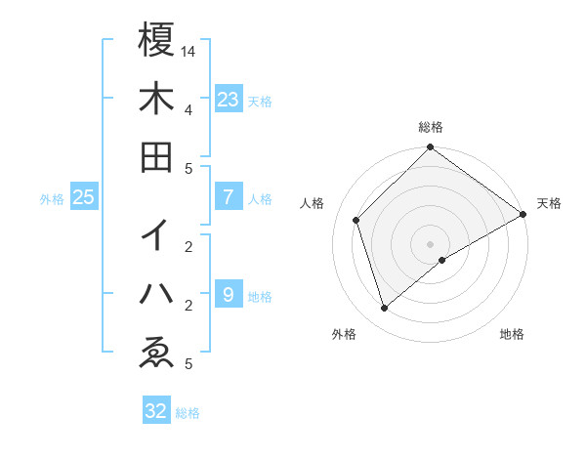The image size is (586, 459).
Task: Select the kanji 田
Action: tap(156, 156)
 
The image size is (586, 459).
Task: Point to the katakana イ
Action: tap(156, 234)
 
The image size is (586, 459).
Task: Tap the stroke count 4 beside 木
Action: tap(188, 109)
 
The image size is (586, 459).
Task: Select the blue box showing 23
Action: tap(229, 99)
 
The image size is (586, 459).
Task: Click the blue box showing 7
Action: tap(229, 197)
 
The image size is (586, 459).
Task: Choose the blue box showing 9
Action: tap(229, 294)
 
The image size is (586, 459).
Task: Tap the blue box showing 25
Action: tap(84, 197)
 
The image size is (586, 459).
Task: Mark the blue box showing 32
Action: tap(155, 411)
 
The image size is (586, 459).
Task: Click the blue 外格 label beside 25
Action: tap(52, 199)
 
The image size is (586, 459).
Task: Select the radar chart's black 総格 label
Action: tap(431, 127)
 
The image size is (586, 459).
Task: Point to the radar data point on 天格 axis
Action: tap(523, 215)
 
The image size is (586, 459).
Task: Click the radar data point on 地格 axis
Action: tap(442, 260)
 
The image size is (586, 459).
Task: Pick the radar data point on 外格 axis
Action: tap(385, 309)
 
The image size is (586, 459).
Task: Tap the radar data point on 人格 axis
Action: tap(356, 220)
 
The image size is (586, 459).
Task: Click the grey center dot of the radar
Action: tap(431, 244)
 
